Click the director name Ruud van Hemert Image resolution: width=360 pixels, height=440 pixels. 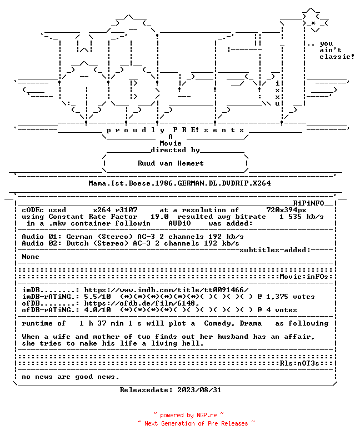pyautogui.click(x=171, y=163)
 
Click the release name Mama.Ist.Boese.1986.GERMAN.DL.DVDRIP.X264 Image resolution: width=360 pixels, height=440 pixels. pyautogui.click(x=179, y=183)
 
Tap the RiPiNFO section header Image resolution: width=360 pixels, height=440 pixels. pyautogui.click(x=309, y=203)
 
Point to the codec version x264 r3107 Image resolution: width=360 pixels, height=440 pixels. pyautogui.click(x=116, y=210)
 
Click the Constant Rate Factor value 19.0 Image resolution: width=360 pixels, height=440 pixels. pyautogui.click(x=159, y=217)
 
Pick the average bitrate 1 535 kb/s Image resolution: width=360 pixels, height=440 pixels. pyautogui.click(x=301, y=217)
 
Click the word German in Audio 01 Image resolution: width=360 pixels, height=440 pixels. pyautogui.click(x=79, y=237)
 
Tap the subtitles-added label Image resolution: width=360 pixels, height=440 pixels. pyautogui.click(x=274, y=250)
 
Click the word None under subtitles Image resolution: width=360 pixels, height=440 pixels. pyautogui.click(x=31, y=257)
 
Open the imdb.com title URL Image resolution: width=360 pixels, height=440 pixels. pyautogui.click(x=166, y=290)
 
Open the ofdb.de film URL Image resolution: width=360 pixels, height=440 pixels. pyautogui.click(x=142, y=303)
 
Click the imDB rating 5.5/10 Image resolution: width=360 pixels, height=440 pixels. pyautogui.click(x=97, y=297)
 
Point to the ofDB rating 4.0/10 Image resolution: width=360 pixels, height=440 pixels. pyautogui.click(x=97, y=310)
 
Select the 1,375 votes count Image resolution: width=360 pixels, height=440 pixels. pyautogui.click(x=290, y=297)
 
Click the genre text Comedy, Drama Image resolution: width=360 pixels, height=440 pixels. pyautogui.click(x=233, y=323)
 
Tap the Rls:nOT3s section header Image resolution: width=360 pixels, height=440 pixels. pyautogui.click(x=299, y=363)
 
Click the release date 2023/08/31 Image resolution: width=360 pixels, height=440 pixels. pyautogui.click(x=199, y=390)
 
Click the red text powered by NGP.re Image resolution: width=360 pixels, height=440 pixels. pyautogui.click(x=188, y=415)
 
